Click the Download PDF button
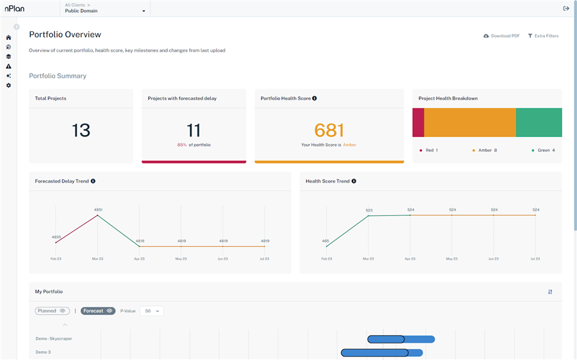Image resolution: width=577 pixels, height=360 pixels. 501,36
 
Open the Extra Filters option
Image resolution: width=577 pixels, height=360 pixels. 543,36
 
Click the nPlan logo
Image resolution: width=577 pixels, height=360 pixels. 15,9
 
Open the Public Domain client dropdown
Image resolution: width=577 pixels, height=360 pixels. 105,11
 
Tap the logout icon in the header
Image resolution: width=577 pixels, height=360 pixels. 566,8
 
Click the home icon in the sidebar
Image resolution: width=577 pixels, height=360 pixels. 8,38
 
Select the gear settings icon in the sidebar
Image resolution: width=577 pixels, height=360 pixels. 8,85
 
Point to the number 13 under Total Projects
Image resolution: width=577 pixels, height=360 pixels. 81,130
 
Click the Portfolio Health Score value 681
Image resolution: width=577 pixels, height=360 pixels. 329,130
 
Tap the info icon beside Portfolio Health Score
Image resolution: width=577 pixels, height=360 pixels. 314,99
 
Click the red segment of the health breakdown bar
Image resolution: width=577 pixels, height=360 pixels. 418,122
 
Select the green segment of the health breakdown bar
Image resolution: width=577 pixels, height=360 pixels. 539,122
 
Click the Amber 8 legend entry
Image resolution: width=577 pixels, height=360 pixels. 485,150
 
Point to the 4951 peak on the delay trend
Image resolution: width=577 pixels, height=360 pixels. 97,216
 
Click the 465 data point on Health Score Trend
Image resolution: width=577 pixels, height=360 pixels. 326,247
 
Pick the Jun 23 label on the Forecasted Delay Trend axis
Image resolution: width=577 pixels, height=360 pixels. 223,259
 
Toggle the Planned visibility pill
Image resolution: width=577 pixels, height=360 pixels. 53,311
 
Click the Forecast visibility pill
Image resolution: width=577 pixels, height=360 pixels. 97,311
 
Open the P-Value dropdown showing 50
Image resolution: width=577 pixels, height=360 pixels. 151,311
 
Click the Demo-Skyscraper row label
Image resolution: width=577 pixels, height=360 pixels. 54,339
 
